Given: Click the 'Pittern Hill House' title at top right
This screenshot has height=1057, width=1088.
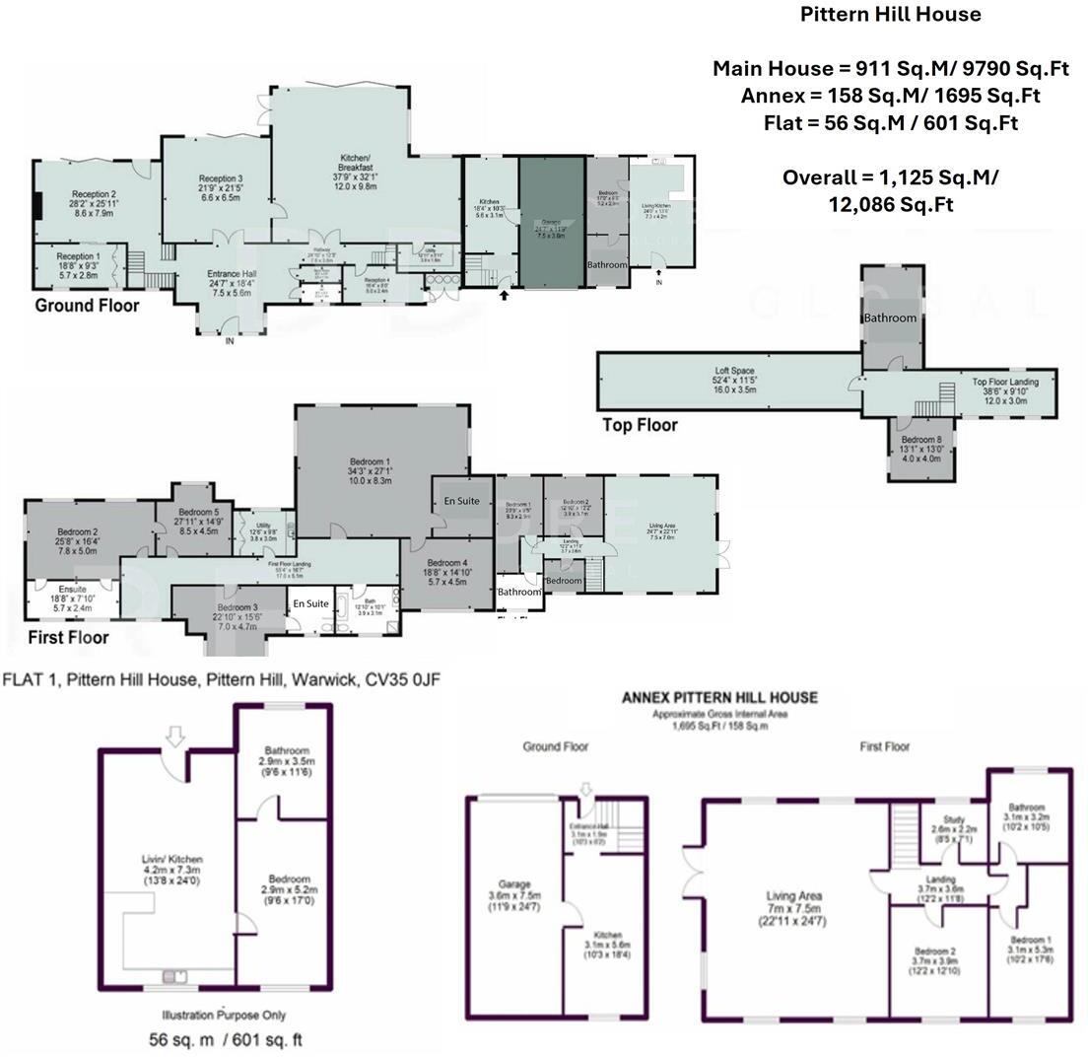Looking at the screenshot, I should (x=890, y=14).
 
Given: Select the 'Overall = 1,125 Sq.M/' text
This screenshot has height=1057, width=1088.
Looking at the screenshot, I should (x=890, y=177).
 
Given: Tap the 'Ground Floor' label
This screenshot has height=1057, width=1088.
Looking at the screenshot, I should (x=87, y=306).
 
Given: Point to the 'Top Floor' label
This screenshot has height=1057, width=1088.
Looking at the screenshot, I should (x=640, y=425).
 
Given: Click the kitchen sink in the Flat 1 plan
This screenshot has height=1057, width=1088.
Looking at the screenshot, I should (x=175, y=976).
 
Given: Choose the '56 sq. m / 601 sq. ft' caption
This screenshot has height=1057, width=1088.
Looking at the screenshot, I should (x=226, y=1039).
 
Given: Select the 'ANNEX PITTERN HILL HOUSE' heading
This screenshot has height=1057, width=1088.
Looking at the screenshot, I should (x=718, y=697).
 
